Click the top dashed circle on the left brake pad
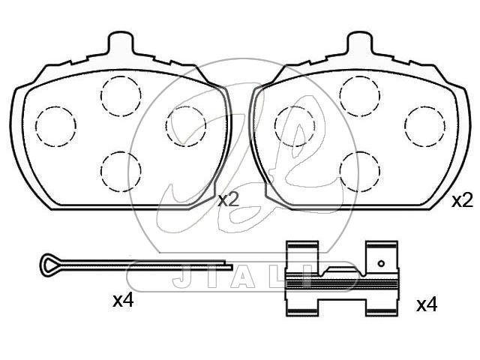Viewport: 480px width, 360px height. tap(121, 76)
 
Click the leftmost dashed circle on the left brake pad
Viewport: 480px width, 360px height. tap(55, 106)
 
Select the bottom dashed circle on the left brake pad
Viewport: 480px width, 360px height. tap(121, 152)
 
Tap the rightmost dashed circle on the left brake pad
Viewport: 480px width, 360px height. tap(186, 106)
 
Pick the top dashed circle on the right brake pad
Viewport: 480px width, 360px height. tap(360, 76)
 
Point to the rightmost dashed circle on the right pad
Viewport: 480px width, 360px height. tap(425, 106)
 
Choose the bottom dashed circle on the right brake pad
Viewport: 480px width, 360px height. tap(360, 152)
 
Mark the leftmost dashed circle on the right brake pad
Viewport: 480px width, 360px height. tap(295, 106)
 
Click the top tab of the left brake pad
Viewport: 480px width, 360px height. tap(121, 42)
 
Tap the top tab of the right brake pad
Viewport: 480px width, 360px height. tap(360, 42)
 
